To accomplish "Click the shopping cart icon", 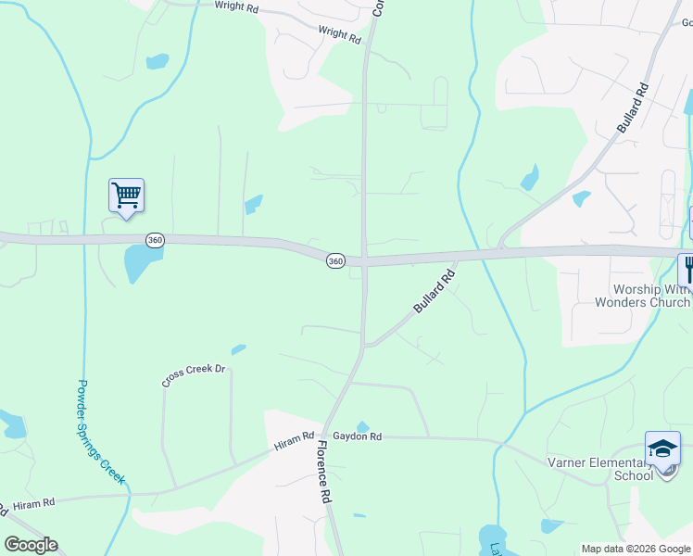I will coord(126,196).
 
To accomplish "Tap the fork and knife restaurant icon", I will coord(687,269).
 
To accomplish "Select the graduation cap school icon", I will coord(662,450).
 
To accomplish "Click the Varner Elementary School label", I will coord(607,470).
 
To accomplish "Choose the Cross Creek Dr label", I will coord(194,374).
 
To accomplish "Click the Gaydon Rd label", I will coord(358,436).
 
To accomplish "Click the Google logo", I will coord(31,544).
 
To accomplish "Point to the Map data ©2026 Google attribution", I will coord(636,549).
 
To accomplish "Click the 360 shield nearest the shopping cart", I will coord(155,240).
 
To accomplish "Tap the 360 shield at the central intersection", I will coord(335,261).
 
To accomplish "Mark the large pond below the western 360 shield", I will coord(139,265).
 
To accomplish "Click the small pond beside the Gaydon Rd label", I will coord(363,427).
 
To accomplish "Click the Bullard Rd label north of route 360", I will coord(634,109).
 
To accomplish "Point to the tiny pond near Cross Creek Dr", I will coord(238,349).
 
